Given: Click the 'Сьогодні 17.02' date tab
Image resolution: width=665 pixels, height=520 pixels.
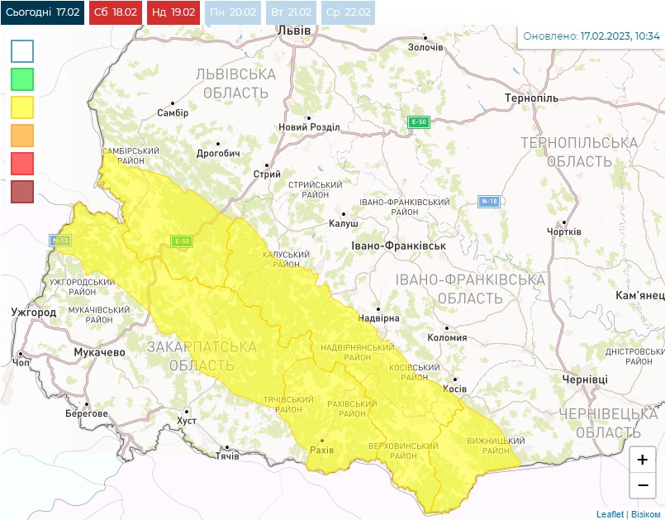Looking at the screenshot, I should pos(42,12).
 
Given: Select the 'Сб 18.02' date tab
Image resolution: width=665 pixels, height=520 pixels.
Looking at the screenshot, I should pos(116,12).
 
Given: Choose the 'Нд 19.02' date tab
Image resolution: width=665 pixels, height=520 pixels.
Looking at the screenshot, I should pos(174,12).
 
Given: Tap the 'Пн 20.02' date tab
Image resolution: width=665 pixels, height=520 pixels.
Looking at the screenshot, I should pos(232,12).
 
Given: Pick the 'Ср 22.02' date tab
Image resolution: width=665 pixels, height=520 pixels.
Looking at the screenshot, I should pos(349,12).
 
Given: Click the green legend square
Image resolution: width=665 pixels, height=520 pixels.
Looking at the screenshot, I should pos(22,79).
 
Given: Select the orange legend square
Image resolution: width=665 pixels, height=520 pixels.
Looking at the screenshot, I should pos(22,135).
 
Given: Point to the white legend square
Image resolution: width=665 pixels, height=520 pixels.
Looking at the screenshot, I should pos(22,51).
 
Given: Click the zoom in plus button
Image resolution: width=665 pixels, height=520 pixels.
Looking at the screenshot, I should pos(642,460).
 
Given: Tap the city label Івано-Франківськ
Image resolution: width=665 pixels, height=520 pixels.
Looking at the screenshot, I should pos(398,246).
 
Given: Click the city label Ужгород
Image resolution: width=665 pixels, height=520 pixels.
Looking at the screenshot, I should pos(34,312).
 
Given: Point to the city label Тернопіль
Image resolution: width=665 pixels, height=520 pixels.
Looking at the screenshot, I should pos(531,98).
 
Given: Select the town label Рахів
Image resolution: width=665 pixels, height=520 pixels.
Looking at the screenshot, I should pos(321,450).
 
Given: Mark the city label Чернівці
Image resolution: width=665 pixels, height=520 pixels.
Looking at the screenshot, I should pos(585,379).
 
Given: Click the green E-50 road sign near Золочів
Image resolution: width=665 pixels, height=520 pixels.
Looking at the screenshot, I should pos(420,122).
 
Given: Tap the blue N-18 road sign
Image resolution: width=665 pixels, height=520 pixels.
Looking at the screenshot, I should pos(489,201).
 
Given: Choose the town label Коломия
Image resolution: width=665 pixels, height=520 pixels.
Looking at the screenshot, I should pos(447,337).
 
